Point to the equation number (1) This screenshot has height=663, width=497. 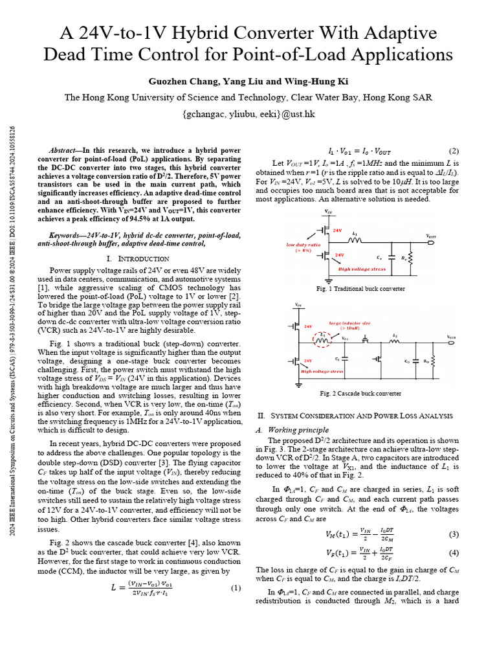click(236, 588)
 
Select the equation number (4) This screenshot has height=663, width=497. click(454, 552)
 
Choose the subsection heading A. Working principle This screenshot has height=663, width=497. click(293, 430)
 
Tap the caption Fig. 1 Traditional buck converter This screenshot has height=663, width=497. click(360, 288)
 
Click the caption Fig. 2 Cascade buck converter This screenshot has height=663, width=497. click(360, 393)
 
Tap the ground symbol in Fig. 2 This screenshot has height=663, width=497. click(298, 384)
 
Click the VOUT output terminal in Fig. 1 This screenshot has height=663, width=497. click(436, 237)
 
